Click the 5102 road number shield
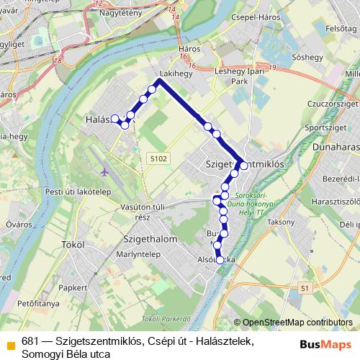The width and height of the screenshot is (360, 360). click(160, 158)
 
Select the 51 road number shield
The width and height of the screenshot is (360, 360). click(305, 288)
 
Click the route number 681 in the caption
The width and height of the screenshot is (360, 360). click(30, 341)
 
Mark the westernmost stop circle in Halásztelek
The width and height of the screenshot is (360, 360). click(114, 118)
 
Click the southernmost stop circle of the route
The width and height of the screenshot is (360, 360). click(220, 261)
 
